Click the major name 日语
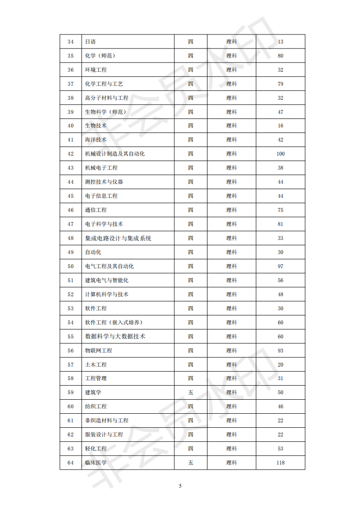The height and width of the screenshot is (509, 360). point(90,42)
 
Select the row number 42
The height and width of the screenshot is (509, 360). point(70,154)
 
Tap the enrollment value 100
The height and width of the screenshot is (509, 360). point(281,154)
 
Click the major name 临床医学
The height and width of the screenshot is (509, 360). point(96,463)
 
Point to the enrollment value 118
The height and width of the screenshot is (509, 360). point(281,463)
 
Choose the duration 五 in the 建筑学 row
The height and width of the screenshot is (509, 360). point(191,392)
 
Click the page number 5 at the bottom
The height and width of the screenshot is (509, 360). point(180,486)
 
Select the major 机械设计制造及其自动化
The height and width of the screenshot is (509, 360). point(115,154)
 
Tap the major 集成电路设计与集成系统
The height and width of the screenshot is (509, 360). point(118,238)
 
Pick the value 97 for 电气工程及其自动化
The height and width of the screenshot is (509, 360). point(281,266)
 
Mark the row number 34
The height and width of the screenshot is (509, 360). point(70,42)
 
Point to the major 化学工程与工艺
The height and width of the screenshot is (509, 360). point(104,84)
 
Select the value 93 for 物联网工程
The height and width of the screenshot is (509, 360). point(281,351)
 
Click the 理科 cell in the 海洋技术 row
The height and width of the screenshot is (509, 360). point(232,140)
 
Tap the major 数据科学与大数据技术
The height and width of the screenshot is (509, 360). point(115,337)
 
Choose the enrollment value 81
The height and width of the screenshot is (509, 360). point(281,224)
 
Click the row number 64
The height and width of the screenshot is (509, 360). point(70,463)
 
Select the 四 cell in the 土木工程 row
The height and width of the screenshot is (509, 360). point(191,365)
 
